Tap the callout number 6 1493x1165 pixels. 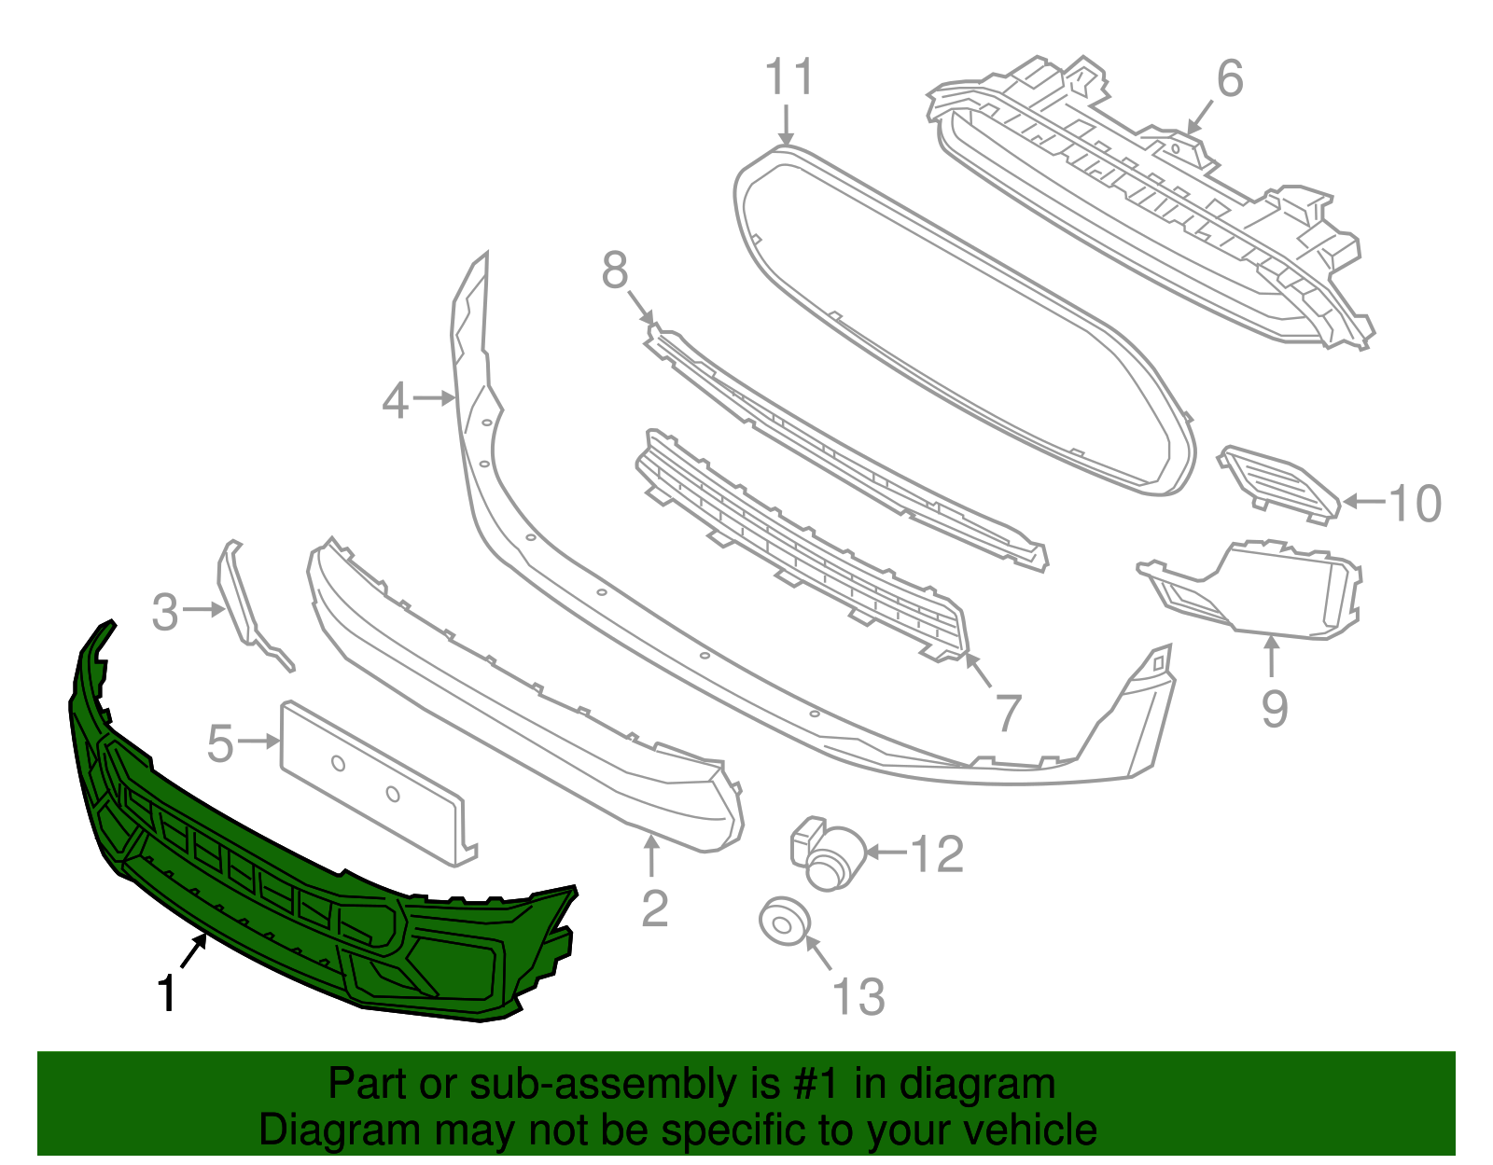1230,78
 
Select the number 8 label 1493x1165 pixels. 615,271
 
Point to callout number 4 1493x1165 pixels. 396,401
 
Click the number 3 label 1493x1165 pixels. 165,613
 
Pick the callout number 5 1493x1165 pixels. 220,744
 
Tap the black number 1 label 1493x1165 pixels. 167,993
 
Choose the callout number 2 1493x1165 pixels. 655,908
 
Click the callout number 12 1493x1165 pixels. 936,854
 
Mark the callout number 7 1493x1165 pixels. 1009,714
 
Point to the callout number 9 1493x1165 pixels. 1275,709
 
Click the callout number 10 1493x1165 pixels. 1416,504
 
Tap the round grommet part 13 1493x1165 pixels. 783,922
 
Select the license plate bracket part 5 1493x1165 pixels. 373,784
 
